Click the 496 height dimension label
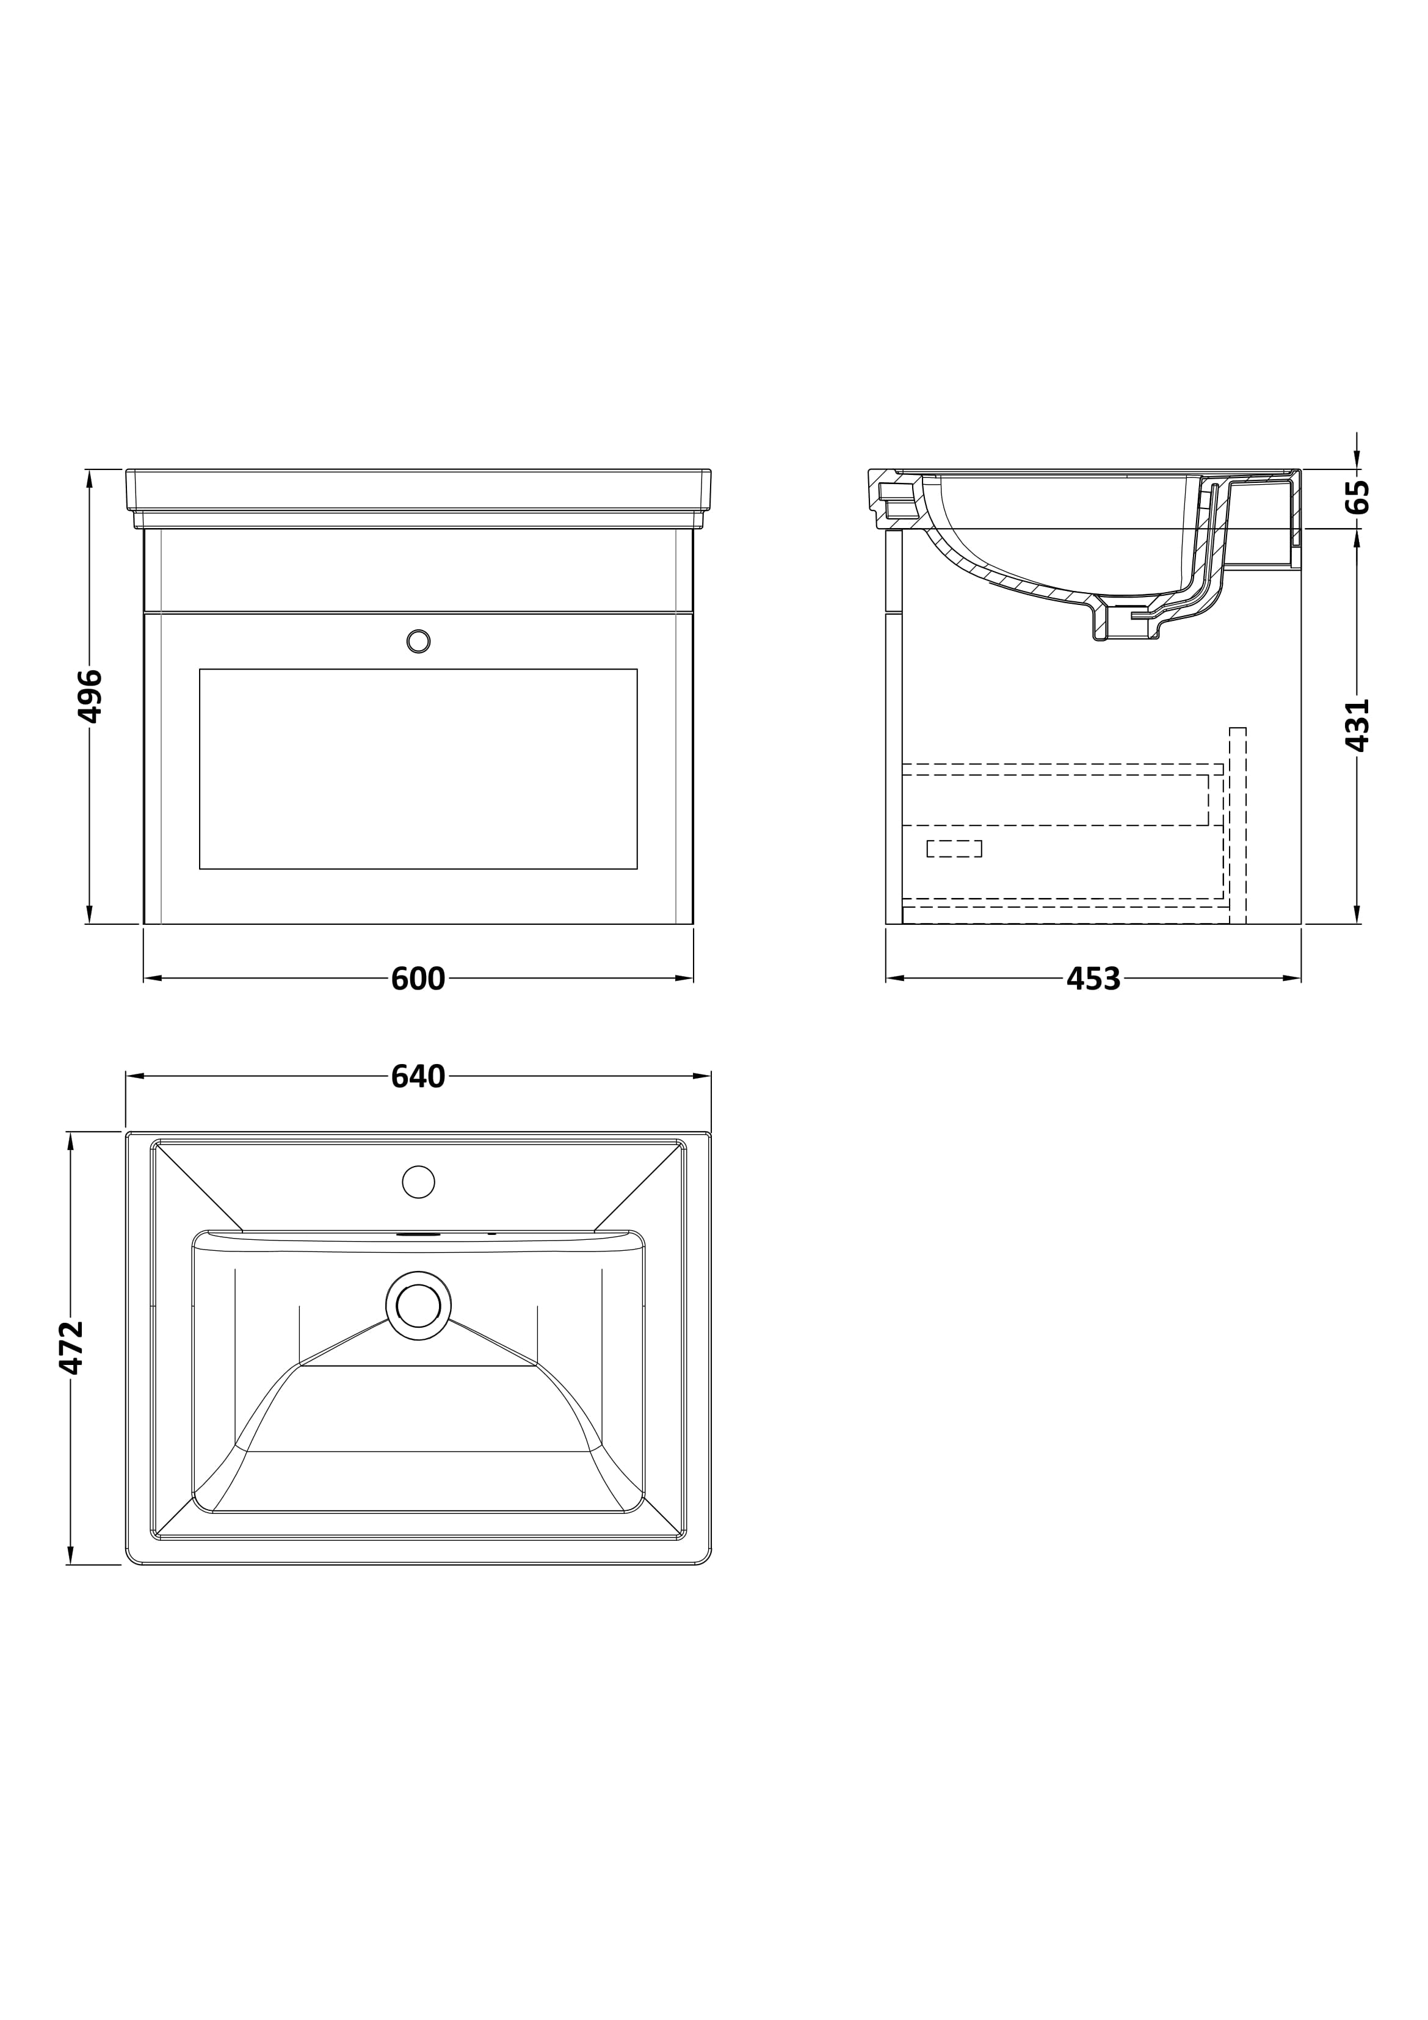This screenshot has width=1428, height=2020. (x=90, y=696)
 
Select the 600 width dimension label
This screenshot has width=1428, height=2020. (x=418, y=979)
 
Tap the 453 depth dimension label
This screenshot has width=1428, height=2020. (x=1093, y=979)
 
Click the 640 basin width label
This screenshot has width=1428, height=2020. (x=418, y=1076)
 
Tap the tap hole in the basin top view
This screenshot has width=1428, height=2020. (x=419, y=1182)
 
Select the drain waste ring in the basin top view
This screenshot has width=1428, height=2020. (x=419, y=1306)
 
